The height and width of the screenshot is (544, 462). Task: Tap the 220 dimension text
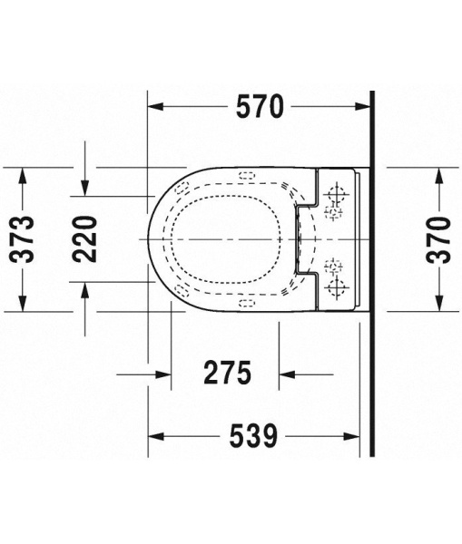[85, 238]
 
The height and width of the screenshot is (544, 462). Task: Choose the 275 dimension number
[224, 373]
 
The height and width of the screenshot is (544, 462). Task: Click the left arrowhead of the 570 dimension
[154, 107]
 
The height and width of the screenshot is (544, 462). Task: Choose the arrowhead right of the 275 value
[287, 373]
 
